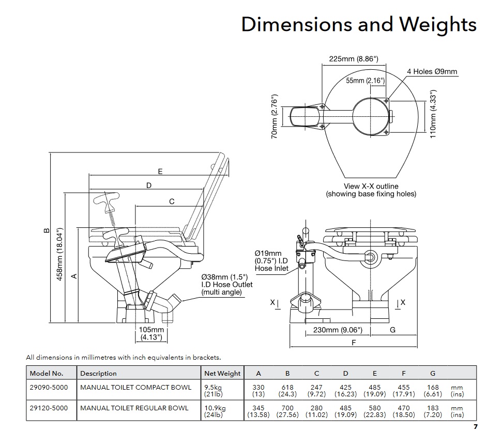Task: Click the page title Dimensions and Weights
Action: point(359,24)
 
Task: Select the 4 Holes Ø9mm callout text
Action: point(432,72)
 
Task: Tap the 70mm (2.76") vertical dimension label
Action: point(275,116)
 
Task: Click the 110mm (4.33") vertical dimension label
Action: point(434,115)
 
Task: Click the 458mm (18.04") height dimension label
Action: point(59,254)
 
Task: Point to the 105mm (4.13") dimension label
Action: point(151,334)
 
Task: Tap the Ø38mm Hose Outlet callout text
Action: point(227,284)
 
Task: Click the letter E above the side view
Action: point(160,172)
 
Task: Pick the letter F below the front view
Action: point(354,342)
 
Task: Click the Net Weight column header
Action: point(222,373)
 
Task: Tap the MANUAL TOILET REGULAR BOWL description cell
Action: point(134,408)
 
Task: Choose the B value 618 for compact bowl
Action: point(287,387)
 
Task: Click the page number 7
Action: point(475,427)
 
